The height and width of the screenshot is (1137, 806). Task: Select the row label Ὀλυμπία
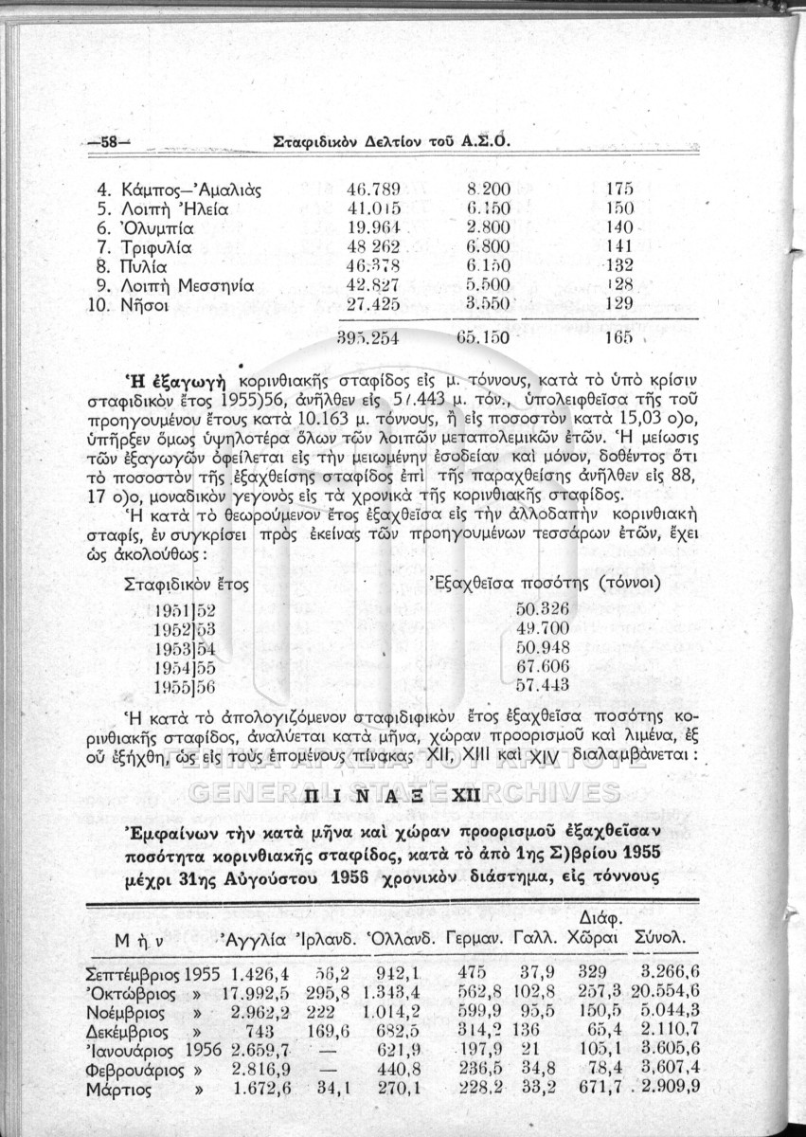coord(160,227)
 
